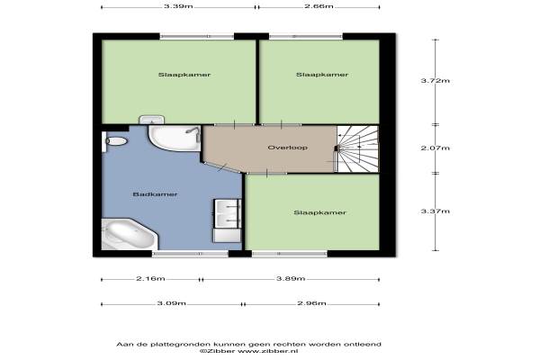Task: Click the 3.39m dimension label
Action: (x=178, y=6)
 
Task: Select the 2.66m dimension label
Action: (x=319, y=6)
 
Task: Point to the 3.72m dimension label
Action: (x=436, y=81)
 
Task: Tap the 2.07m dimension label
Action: (x=436, y=148)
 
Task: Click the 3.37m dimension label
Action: (x=436, y=211)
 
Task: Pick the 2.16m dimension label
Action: (x=150, y=279)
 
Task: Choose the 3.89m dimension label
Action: (x=291, y=279)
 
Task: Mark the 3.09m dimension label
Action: (x=172, y=303)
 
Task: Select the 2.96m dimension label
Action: (x=311, y=303)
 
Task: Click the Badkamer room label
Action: (x=155, y=194)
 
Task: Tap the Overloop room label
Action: (x=288, y=148)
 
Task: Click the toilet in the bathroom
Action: (x=114, y=141)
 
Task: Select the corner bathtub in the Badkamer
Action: (x=130, y=234)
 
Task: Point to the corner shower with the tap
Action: (x=175, y=138)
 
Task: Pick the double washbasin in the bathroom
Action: (x=228, y=213)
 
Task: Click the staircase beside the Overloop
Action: (x=357, y=148)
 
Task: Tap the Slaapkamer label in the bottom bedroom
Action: (x=319, y=213)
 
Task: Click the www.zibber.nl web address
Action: (x=268, y=351)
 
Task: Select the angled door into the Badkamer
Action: (x=222, y=167)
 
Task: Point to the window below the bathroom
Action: (x=190, y=254)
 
